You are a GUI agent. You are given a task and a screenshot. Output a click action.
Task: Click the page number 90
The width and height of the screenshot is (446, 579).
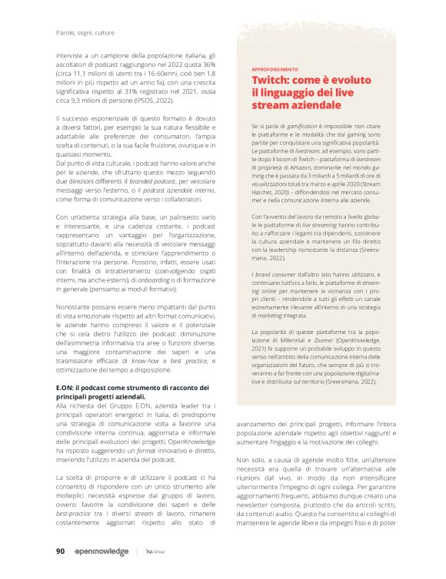pos(60,551)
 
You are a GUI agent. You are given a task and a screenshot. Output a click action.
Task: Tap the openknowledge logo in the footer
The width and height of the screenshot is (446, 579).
pos(102,551)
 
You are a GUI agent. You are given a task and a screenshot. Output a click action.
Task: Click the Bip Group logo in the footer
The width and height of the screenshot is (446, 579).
pos(155,551)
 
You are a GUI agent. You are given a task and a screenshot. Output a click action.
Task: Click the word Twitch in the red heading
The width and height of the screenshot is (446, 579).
pos(268,80)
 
